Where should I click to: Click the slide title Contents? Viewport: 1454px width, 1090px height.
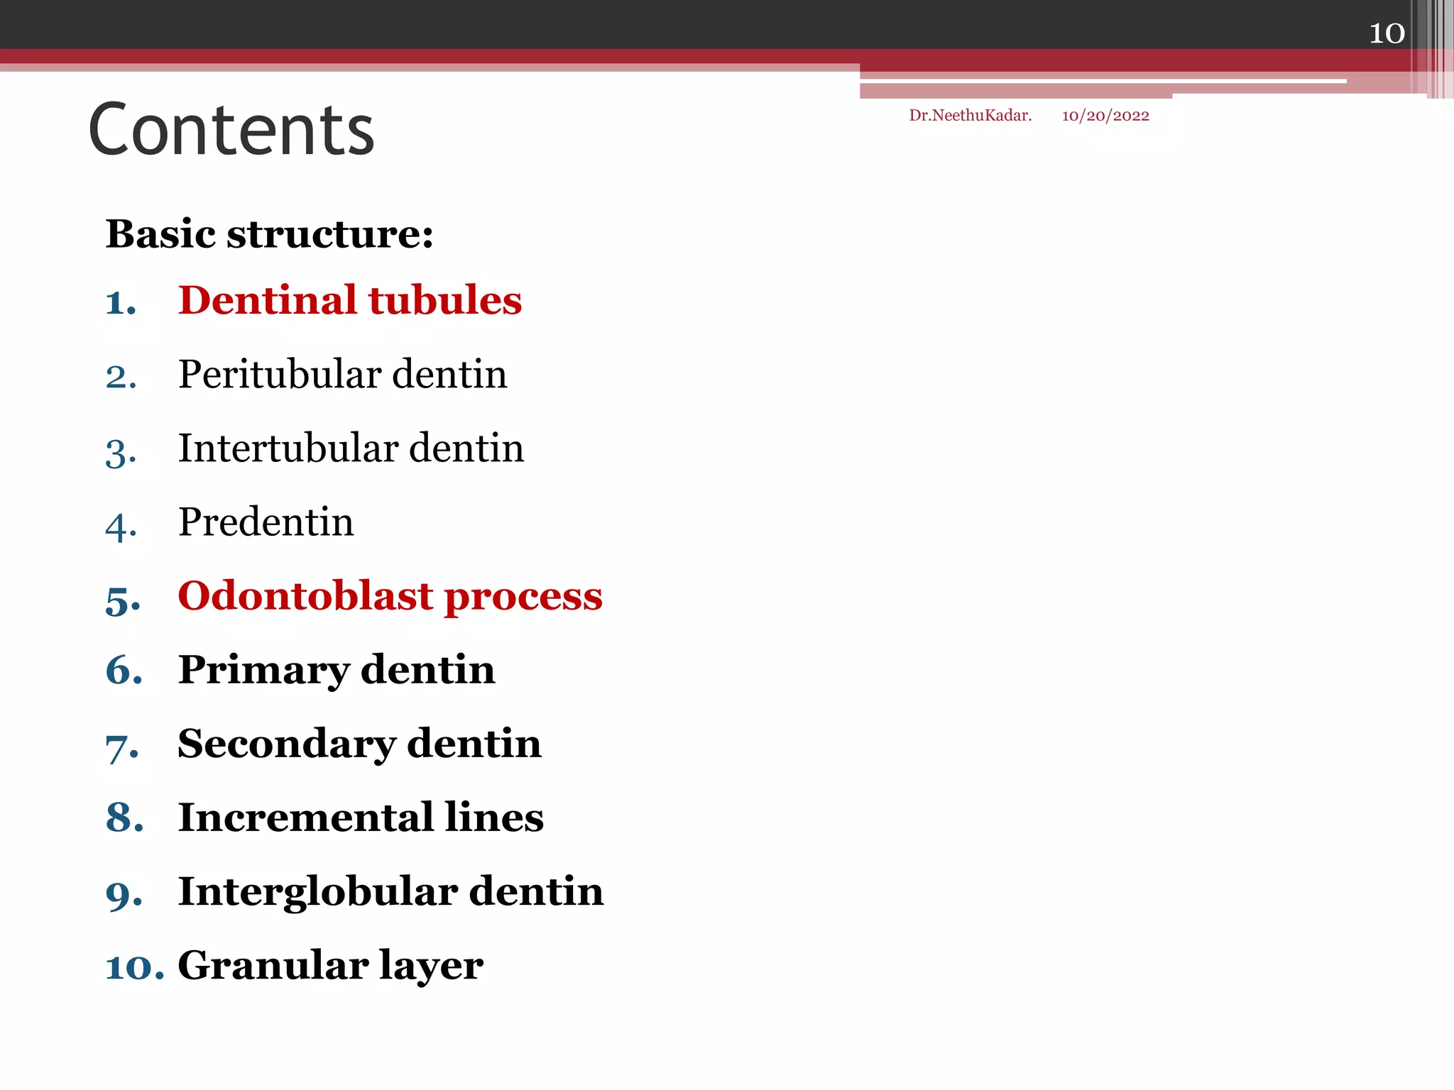click(x=231, y=130)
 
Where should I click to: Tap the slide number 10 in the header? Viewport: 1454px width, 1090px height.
click(x=1387, y=33)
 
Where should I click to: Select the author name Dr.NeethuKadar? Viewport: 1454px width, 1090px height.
click(x=970, y=116)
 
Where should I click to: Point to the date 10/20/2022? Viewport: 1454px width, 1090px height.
click(x=1105, y=116)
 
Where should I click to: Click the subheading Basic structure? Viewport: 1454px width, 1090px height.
click(x=269, y=233)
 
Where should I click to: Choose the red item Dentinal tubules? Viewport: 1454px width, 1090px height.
click(x=349, y=300)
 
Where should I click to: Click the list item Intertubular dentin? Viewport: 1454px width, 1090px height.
click(x=351, y=448)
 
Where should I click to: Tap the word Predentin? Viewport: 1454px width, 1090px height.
click(x=266, y=522)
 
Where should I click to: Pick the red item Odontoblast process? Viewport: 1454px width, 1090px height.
click(x=390, y=596)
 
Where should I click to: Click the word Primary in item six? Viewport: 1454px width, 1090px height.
click(x=263, y=671)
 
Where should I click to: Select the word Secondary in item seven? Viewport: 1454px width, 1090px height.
click(x=287, y=744)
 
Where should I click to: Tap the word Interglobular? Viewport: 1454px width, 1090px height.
click(x=317, y=892)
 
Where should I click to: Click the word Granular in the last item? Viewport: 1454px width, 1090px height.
click(x=273, y=966)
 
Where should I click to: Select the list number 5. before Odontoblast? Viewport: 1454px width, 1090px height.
click(x=122, y=600)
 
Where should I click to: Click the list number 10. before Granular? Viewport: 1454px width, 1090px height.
click(x=134, y=968)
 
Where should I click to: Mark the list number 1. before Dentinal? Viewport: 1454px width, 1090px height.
click(x=120, y=303)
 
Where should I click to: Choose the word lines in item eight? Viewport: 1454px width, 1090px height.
click(x=494, y=817)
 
